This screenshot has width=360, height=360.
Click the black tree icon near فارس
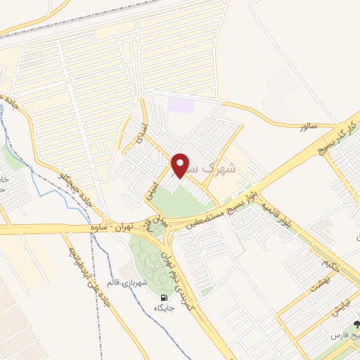pyautogui.click(x=356, y=325)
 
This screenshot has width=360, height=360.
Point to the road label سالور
pyautogui.click(x=308, y=127)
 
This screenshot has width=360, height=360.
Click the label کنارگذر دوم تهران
pyautogui.click(x=176, y=271)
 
